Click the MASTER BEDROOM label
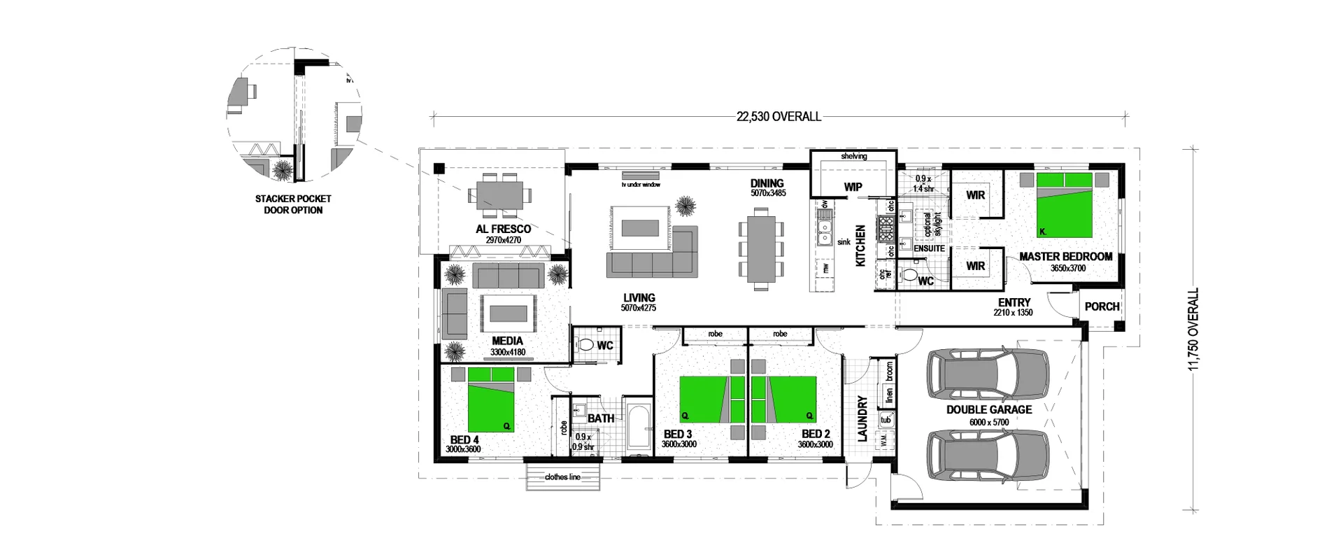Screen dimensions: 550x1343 (1065, 257)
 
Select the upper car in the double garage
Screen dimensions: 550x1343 (988, 373)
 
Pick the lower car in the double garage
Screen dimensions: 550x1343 (988, 455)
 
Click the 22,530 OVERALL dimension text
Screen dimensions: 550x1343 (779, 117)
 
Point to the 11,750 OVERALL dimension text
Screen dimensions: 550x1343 (1193, 329)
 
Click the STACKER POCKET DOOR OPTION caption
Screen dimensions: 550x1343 (293, 204)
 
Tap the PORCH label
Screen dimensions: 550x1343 (1102, 306)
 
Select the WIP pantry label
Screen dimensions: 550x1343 (853, 187)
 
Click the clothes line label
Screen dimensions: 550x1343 (562, 477)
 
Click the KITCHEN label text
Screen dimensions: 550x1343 (860, 245)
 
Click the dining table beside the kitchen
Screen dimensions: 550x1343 (761, 249)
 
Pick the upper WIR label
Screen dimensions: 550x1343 (975, 195)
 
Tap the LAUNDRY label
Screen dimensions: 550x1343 (862, 418)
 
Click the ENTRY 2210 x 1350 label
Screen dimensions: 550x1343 (1014, 306)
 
